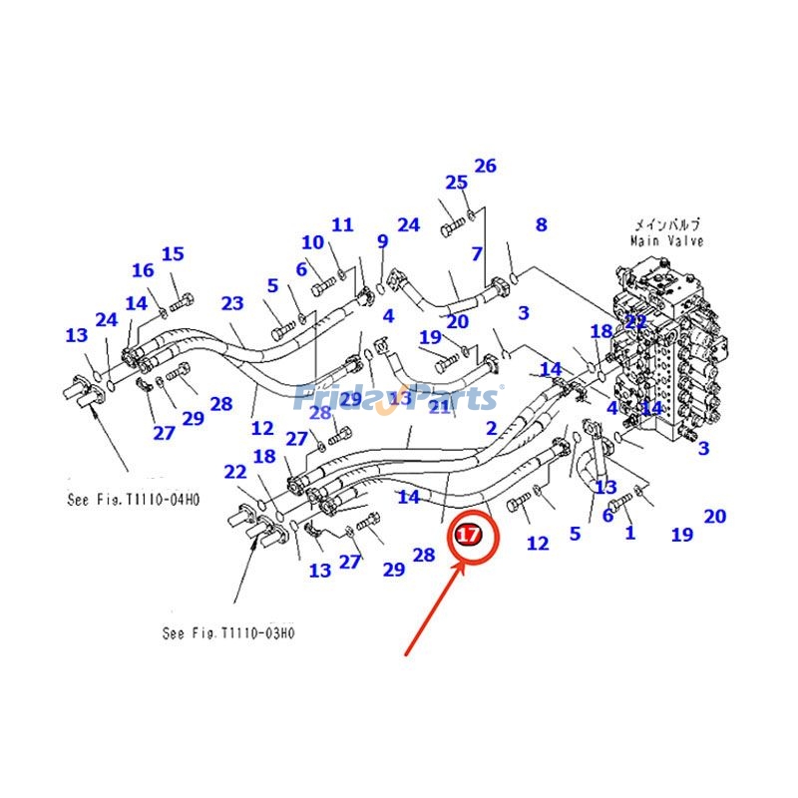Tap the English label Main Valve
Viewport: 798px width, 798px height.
666,240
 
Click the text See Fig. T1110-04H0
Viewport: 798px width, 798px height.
134,500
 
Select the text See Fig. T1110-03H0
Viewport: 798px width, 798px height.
228,632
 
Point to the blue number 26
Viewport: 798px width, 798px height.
485,166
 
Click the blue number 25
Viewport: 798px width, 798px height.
456,183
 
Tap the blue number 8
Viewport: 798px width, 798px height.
541,224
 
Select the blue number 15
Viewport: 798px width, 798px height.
173,254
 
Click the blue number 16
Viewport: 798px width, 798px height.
143,270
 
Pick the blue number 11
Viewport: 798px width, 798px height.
342,224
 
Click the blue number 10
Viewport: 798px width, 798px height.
312,242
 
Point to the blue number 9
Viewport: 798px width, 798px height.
382,241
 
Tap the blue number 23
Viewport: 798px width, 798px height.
232,303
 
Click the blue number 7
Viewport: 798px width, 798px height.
477,254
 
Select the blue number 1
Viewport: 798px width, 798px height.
629,533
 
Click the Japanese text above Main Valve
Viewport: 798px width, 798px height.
666,224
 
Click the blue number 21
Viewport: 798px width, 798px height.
440,406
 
